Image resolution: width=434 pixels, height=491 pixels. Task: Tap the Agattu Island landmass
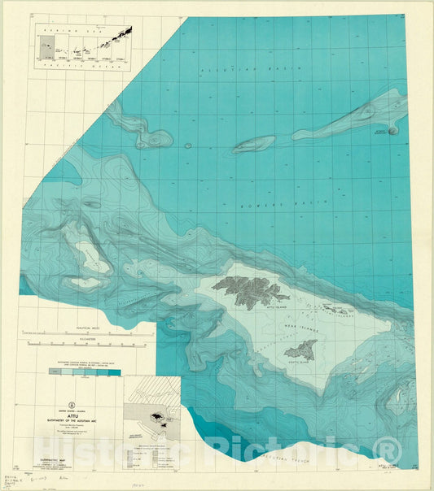300,351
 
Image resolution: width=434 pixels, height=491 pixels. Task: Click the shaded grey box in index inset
42,47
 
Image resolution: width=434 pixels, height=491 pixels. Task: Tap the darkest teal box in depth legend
115,372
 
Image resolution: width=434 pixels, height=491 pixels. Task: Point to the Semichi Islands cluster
334,310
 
